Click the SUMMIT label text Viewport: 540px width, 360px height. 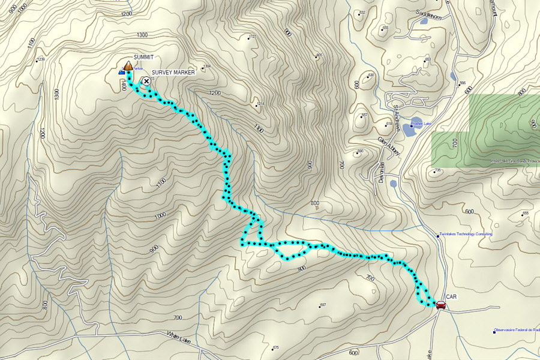[143, 57]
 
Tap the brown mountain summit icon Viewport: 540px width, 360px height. [128, 65]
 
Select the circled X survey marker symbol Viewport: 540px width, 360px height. [145, 80]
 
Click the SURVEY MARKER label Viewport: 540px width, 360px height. [173, 72]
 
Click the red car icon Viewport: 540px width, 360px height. [440, 305]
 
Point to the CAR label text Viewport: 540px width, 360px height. [452, 296]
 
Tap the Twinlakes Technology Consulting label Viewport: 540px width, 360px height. [466, 234]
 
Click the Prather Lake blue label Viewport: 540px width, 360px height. [421, 124]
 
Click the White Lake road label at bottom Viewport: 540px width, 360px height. [179, 337]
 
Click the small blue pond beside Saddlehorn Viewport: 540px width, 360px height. [424, 21]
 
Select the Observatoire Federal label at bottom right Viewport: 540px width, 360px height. [517, 330]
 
